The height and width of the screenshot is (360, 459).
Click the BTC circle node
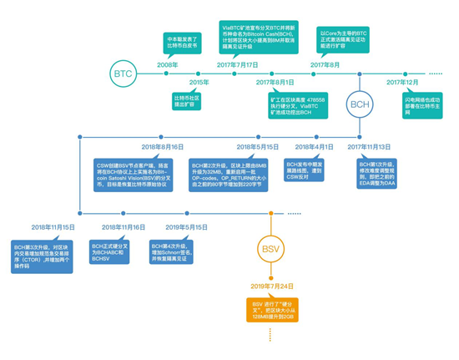(123, 74)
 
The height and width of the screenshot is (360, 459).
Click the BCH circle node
(360, 104)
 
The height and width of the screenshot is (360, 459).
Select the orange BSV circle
(271, 250)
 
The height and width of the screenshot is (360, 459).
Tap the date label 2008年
(167, 64)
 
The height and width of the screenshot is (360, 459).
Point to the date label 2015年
(199, 83)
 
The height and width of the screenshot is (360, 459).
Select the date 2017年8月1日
(275, 83)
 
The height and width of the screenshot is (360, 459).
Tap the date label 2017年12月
(403, 83)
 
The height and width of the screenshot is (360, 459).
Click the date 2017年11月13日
(369, 146)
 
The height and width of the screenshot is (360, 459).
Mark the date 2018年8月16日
(163, 146)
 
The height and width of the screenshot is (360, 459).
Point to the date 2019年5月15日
(186, 227)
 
